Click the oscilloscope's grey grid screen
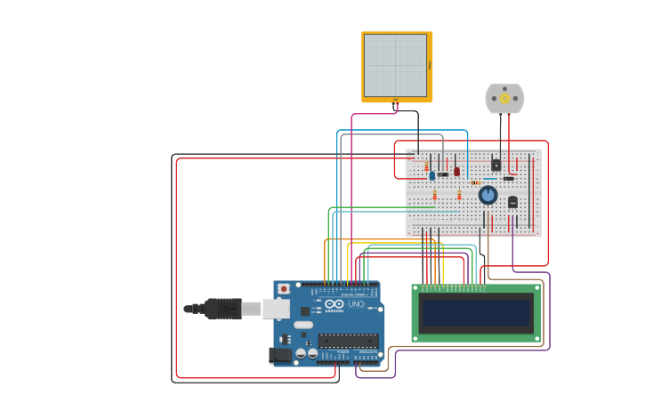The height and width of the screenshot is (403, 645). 395,65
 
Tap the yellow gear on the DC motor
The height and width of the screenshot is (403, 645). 504,99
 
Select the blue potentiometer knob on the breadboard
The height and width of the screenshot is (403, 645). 488,195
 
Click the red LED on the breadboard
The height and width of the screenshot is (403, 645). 456,171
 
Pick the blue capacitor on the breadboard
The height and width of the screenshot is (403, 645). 432,175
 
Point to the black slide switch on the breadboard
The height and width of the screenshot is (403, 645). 442,174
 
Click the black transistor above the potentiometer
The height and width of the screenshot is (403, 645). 496,165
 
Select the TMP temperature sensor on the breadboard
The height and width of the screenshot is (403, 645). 512,202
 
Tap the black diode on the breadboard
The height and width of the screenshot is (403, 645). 509,179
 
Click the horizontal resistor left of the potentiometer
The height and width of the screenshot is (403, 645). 477,183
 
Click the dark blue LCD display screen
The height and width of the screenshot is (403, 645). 476,313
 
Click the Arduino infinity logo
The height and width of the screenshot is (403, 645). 334,304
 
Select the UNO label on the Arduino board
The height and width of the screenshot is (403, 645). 356,304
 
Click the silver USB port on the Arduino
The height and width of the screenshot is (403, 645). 276,309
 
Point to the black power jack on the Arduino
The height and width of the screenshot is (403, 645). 279,355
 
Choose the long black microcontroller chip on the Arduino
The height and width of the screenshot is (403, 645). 347,340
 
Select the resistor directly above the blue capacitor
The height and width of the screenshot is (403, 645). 426,166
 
